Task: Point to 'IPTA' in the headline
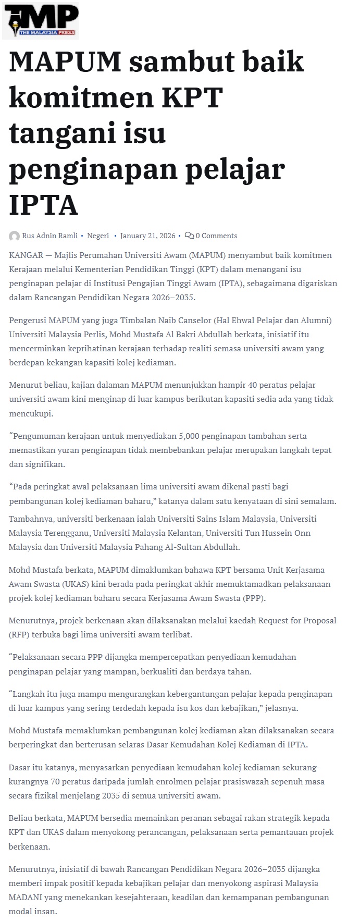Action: pyautogui.click(x=43, y=205)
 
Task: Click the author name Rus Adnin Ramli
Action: pyautogui.click(x=49, y=236)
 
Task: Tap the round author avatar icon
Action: pyautogui.click(x=15, y=236)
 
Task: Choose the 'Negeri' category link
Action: pyautogui.click(x=98, y=236)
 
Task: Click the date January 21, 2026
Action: pyautogui.click(x=148, y=236)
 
